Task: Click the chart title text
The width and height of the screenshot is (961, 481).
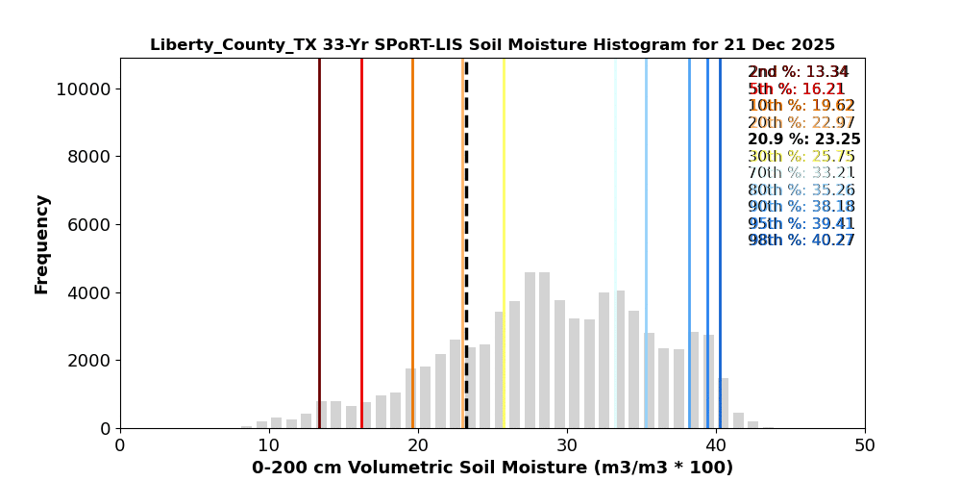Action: (x=492, y=45)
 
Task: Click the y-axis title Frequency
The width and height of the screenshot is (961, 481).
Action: (x=41, y=243)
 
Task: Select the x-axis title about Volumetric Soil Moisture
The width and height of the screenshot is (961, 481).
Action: (x=492, y=468)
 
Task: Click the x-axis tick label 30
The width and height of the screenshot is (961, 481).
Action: (x=567, y=446)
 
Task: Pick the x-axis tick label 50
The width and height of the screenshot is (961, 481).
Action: (x=864, y=446)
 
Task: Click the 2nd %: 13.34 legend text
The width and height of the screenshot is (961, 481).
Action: (x=799, y=72)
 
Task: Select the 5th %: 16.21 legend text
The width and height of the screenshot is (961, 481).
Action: (x=797, y=89)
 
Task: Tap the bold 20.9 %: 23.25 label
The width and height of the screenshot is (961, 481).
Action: (x=803, y=139)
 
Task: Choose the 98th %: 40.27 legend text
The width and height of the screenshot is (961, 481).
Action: (x=801, y=240)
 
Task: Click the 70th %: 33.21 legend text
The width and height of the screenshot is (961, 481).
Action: (x=801, y=173)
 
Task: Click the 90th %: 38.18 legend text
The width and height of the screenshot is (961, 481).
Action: (x=801, y=207)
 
